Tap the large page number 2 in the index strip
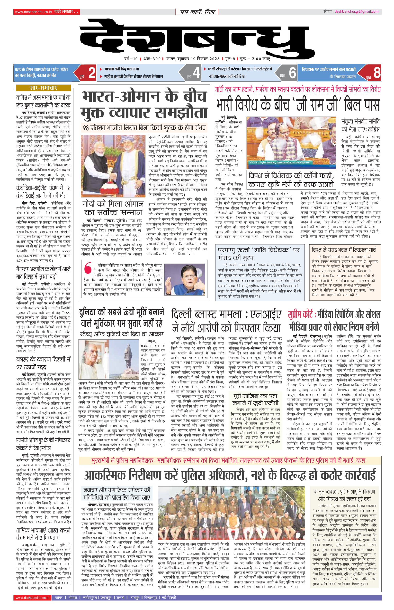92,73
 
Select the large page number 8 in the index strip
376,73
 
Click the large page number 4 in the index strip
196,73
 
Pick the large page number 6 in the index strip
292,73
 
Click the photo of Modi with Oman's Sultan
113,166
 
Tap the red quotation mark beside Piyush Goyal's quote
88,268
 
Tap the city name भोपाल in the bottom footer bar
72,597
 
